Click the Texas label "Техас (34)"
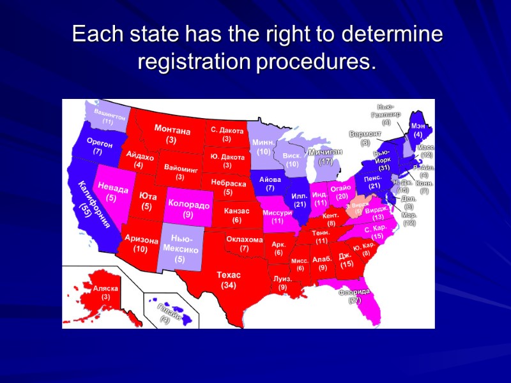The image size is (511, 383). tap(229, 280)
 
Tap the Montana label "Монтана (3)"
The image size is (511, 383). tap(172, 135)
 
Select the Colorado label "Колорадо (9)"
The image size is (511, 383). tap(188, 209)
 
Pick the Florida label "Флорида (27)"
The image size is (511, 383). tap(355, 296)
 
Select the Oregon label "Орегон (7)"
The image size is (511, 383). tap(98, 148)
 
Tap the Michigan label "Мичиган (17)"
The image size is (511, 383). tap(326, 157)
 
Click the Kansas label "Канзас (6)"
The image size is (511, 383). tap(236, 215)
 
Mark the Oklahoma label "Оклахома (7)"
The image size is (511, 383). tap(245, 243)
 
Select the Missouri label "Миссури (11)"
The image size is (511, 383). tap(277, 216)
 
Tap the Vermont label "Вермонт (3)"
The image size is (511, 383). tap(365, 139)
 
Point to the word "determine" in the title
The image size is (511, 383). tap(390, 34)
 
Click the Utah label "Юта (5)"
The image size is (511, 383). tap(146, 201)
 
